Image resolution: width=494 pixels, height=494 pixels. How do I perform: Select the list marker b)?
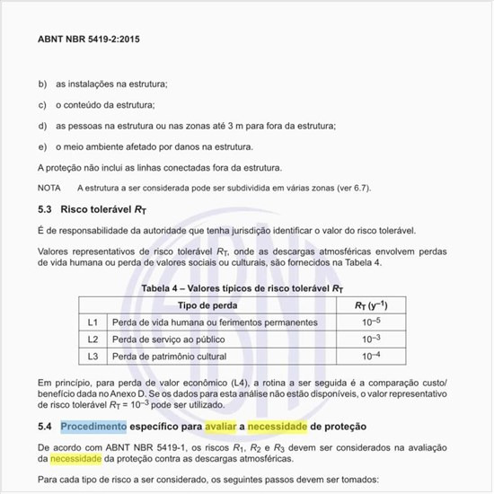click(42, 84)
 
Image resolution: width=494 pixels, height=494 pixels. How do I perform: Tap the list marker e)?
click(42, 146)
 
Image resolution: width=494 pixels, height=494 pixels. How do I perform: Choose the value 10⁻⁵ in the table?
click(370, 322)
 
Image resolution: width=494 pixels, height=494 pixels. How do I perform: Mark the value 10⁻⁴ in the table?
click(370, 356)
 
